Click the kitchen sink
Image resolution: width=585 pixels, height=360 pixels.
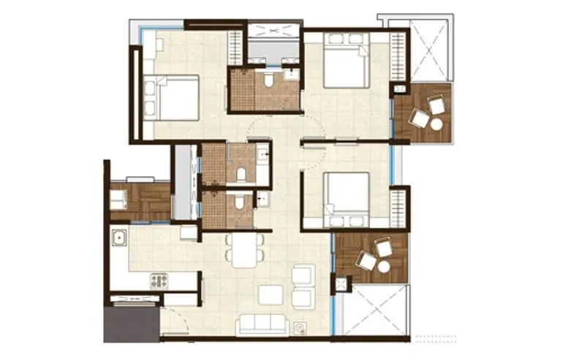tap(119, 237)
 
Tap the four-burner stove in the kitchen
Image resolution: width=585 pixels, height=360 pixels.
tap(159, 280)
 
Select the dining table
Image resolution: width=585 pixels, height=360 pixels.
tap(244, 249)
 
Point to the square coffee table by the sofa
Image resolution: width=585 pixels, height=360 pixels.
tap(271, 294)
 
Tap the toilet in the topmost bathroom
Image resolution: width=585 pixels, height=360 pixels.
tap(270, 79)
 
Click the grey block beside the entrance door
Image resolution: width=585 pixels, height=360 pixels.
tap(130, 324)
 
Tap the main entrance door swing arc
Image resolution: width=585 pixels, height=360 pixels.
tap(173, 320)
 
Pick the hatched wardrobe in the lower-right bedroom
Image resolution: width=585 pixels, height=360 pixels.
tap(398, 209)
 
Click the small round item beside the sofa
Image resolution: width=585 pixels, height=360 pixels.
tap(300, 327)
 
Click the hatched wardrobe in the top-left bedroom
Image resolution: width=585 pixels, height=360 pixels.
tap(235, 49)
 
